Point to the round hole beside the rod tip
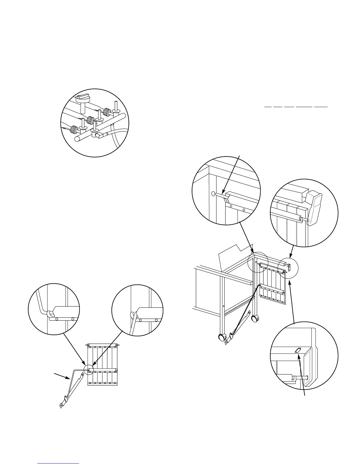[213, 194]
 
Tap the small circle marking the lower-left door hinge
[88, 369]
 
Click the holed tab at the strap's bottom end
[61, 405]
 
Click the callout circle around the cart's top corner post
[258, 262]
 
